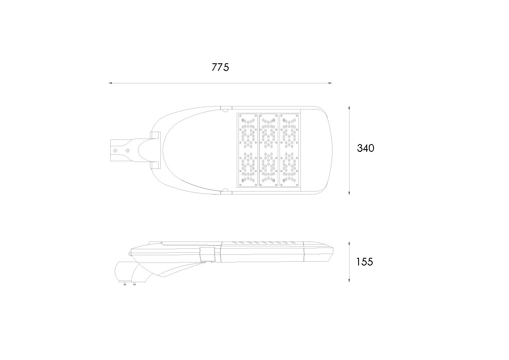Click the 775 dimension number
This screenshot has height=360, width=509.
point(220,67)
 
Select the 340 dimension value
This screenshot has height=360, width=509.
point(365,148)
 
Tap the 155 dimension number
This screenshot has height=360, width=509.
point(365,262)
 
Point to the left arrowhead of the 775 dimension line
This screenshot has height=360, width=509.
point(110,83)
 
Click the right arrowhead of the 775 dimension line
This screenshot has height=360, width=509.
point(330,83)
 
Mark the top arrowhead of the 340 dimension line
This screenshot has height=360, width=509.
point(349,107)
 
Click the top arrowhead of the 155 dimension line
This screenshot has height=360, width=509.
point(349,243)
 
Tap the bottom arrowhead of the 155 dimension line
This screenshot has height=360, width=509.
point(349,280)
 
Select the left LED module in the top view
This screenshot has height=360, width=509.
point(248,150)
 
